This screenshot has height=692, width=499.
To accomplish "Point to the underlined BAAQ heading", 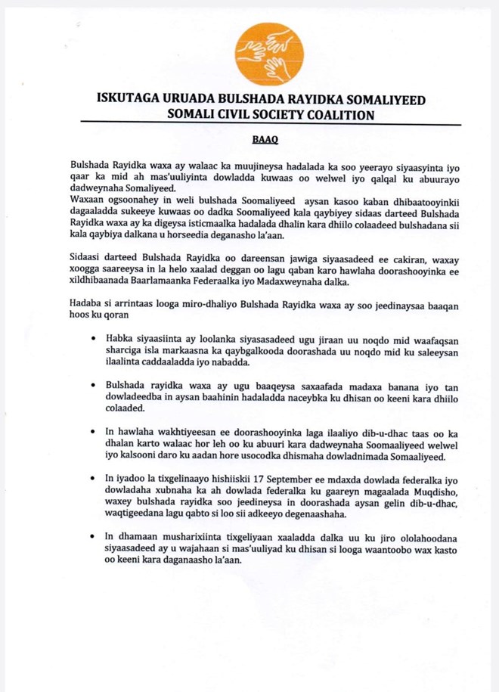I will click(x=262, y=140).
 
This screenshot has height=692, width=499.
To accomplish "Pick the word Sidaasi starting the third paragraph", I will click(x=87, y=258).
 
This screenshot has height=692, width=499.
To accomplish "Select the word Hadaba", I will click(x=86, y=305).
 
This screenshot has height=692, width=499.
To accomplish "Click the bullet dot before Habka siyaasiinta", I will click(x=92, y=340).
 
